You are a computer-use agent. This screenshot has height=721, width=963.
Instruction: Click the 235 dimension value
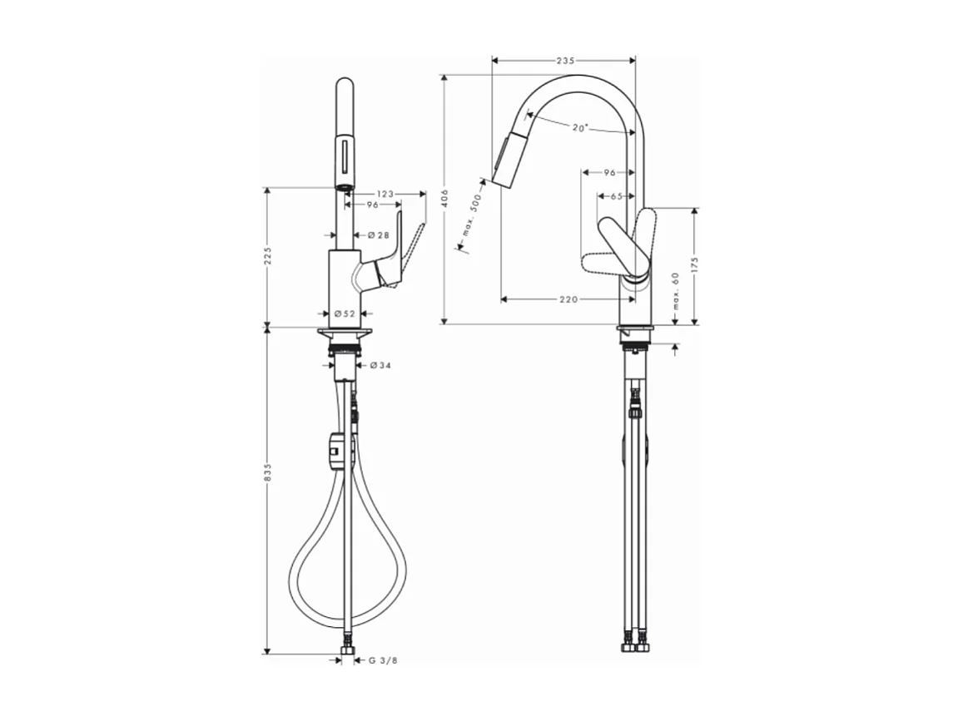(565, 61)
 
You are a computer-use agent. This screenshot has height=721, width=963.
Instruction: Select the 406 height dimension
(444, 198)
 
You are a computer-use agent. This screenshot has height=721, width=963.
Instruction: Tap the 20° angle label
(580, 127)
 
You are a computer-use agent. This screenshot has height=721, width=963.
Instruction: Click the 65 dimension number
(617, 196)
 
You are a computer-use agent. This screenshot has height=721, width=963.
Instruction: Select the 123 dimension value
(384, 194)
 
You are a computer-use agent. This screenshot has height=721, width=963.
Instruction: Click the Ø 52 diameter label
(345, 314)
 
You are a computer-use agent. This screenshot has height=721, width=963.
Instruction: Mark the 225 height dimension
(268, 257)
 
